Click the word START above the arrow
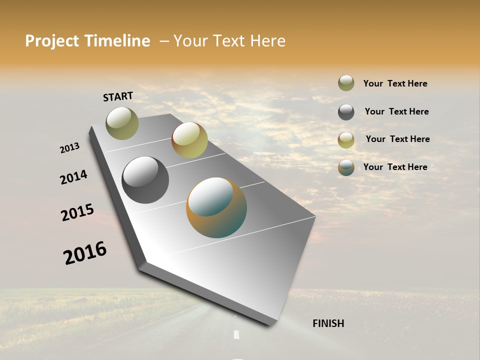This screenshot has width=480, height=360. [x=118, y=96]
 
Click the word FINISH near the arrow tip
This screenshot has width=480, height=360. [x=328, y=323]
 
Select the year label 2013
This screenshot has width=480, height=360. [x=69, y=148]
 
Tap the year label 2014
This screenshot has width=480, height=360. [x=73, y=177]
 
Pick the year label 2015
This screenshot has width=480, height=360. [x=77, y=212]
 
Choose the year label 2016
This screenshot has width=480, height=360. [x=85, y=253]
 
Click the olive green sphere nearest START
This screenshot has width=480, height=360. [x=122, y=123]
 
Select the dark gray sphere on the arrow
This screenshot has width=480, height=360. [x=145, y=180]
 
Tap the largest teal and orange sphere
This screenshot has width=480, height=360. [x=216, y=207]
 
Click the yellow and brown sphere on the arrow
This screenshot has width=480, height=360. [x=189, y=140]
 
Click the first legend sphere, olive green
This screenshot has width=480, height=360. [x=346, y=83]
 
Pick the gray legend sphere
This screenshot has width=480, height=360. [x=346, y=112]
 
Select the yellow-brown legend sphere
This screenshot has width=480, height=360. [x=346, y=140]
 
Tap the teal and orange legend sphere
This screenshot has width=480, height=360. [x=346, y=167]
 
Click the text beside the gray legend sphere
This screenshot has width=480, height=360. [x=396, y=111]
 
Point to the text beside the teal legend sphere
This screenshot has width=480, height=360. [x=395, y=167]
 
